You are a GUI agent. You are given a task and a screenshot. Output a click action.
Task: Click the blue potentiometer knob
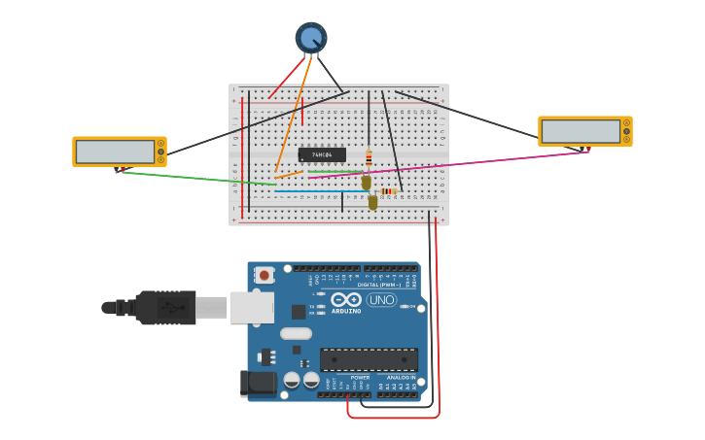(x=311, y=38)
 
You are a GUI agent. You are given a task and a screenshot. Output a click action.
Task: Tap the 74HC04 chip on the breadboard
(x=322, y=154)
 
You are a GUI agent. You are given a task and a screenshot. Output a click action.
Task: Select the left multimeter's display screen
(x=114, y=152)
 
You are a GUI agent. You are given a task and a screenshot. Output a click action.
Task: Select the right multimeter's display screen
(x=580, y=131)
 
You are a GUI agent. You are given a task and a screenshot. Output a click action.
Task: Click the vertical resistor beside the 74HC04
(x=369, y=157)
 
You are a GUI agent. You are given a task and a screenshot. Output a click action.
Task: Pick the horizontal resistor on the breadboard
(x=387, y=191)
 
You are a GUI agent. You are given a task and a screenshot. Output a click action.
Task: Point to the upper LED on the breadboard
(x=367, y=182)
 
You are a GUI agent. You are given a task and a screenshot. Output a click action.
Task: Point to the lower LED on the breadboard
(x=372, y=202)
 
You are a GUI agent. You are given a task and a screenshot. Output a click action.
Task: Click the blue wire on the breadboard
(x=311, y=191)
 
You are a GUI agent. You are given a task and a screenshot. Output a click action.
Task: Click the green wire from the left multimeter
(x=194, y=178)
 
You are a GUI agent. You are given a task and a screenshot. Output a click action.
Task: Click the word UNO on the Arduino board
(x=381, y=300)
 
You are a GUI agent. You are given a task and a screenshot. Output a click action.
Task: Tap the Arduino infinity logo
(x=346, y=300)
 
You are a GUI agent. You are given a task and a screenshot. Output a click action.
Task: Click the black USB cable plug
(x=165, y=308)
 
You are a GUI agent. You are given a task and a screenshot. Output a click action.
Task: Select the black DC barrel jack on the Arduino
(x=257, y=383)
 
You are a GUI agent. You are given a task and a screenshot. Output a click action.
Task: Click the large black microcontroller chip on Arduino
(x=369, y=359)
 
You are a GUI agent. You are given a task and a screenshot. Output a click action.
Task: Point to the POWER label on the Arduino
(x=360, y=377)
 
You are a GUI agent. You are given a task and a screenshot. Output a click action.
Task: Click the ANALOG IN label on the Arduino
(x=401, y=377)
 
